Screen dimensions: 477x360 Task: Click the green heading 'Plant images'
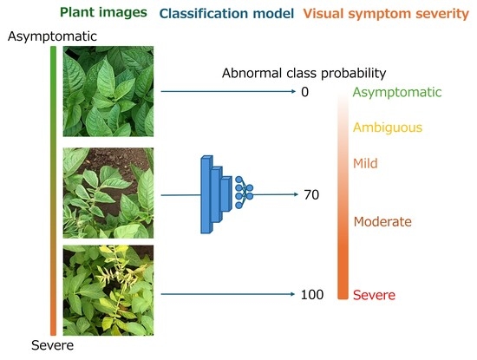[103, 13]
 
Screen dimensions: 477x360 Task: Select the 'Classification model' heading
[226, 14]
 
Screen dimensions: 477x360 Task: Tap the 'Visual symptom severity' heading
[386, 14]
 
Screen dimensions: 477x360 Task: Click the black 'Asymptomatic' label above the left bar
[52, 36]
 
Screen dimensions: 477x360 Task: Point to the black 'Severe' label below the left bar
[52, 345]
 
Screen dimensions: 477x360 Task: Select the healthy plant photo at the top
[108, 91]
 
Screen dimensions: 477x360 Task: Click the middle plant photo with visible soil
[108, 193]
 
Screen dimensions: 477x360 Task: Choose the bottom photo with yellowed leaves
[108, 291]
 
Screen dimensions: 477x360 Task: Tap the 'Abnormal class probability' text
[304, 74]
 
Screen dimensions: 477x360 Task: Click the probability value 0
[304, 92]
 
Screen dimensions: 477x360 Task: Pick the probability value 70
[311, 195]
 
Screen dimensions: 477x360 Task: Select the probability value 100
[312, 295]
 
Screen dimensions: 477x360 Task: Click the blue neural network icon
[226, 194]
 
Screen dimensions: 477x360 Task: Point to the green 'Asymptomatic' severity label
[397, 92]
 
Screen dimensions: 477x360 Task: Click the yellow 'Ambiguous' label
[388, 128]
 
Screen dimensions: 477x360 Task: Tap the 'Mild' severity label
[365, 163]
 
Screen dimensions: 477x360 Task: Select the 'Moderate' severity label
[382, 221]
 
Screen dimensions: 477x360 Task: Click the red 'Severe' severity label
[374, 295]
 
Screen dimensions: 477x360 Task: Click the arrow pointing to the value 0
[228, 91]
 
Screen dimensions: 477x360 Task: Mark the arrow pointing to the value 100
[228, 294]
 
